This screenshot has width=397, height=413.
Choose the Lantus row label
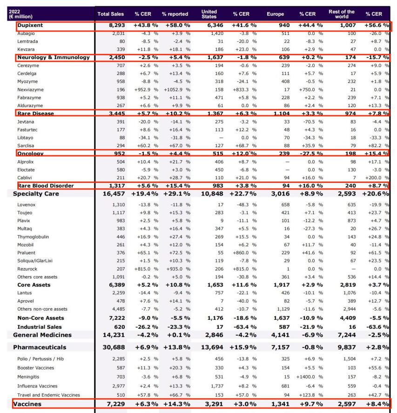click(24, 292)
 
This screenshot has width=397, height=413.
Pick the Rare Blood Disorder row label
click(46, 185)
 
